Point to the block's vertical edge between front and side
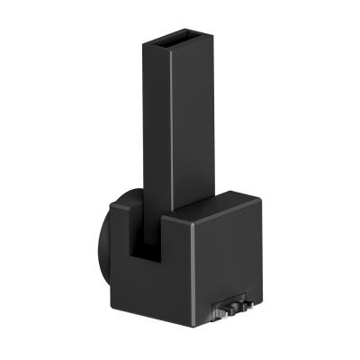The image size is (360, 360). [193, 270]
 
